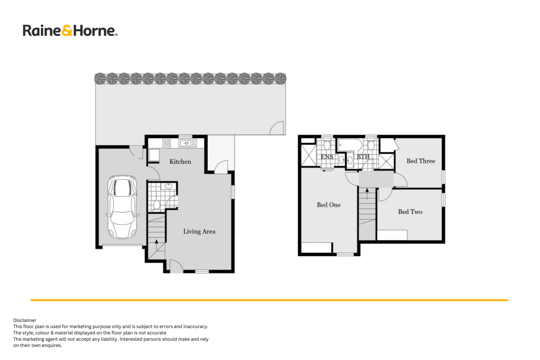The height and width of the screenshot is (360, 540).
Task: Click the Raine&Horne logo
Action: (70, 30)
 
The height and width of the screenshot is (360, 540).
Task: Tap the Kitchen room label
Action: (180, 162)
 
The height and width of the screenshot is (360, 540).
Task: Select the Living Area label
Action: (199, 231)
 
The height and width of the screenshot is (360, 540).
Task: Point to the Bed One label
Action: (328, 205)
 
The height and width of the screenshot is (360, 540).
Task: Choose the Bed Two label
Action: (410, 212)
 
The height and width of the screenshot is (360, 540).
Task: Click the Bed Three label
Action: (421, 161)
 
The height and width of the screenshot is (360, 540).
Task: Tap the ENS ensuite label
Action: (327, 157)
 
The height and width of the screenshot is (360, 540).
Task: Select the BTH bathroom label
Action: (363, 156)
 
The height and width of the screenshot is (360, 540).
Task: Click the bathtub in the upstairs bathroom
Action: (350, 145)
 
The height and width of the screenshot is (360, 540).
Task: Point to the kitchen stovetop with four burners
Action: (166, 143)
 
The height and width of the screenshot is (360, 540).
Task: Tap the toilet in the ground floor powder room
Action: (156, 204)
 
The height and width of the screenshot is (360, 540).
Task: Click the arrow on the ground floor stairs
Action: (156, 242)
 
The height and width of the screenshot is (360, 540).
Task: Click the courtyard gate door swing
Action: (277, 128)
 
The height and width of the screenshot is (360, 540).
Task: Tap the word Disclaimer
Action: (25, 320)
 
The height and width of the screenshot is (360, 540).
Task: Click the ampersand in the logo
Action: (67, 30)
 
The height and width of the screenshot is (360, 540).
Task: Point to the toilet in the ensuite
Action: (327, 145)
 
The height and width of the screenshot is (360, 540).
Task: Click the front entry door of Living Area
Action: (176, 267)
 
